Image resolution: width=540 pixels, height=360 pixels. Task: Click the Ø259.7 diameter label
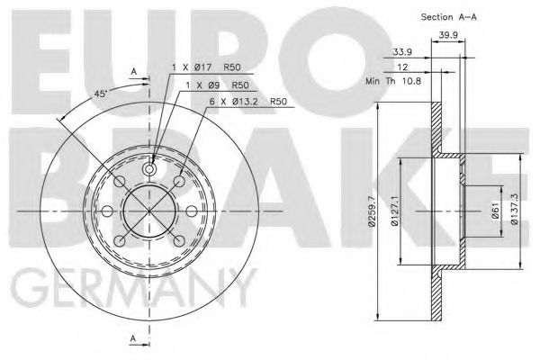[x=365, y=215]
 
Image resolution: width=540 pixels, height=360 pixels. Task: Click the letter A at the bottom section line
[x=133, y=338]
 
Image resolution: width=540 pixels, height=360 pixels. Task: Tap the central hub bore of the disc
[x=150, y=211]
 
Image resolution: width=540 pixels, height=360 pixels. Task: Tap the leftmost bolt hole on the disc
[x=107, y=211]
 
